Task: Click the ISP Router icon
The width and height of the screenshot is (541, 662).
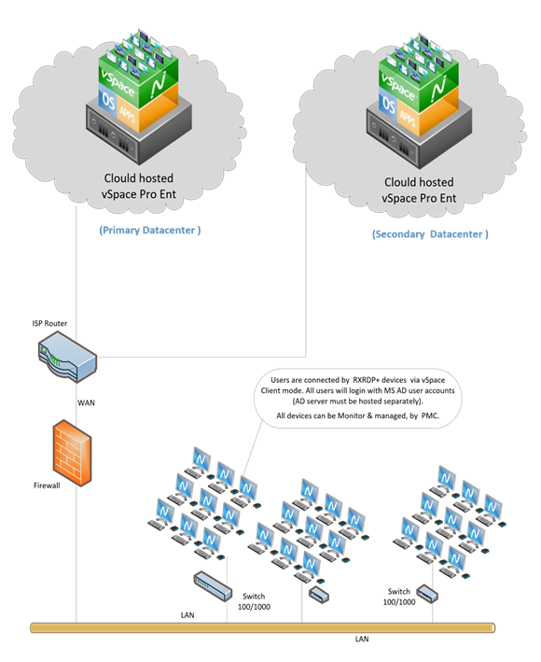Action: point(67,357)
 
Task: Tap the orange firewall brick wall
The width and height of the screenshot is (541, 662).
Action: point(72,453)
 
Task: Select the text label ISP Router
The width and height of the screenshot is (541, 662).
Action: point(49,323)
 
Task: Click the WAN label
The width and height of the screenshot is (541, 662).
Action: point(86,402)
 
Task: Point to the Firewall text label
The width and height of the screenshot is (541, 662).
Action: point(47,486)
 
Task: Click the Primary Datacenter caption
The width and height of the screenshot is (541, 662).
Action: point(150,230)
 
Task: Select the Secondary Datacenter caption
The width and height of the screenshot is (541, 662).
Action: point(430,234)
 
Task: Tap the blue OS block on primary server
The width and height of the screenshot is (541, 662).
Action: point(107,102)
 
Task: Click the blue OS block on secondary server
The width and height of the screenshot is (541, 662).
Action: point(387,106)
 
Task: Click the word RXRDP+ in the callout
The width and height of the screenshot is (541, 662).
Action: point(368,380)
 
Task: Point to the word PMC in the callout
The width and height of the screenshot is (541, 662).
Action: point(430,416)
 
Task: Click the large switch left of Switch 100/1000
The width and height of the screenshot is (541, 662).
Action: point(213,586)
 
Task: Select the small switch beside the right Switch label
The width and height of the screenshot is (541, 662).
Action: point(427,594)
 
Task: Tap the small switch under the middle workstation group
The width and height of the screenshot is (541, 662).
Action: point(319,595)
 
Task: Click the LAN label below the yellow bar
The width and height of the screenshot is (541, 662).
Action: point(362,640)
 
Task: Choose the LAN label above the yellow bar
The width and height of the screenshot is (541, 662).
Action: point(187,615)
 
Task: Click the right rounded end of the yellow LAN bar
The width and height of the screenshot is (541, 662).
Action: point(492,627)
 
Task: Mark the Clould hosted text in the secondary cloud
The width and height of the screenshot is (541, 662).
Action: point(419,182)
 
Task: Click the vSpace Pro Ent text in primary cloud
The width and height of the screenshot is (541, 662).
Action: point(139,194)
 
